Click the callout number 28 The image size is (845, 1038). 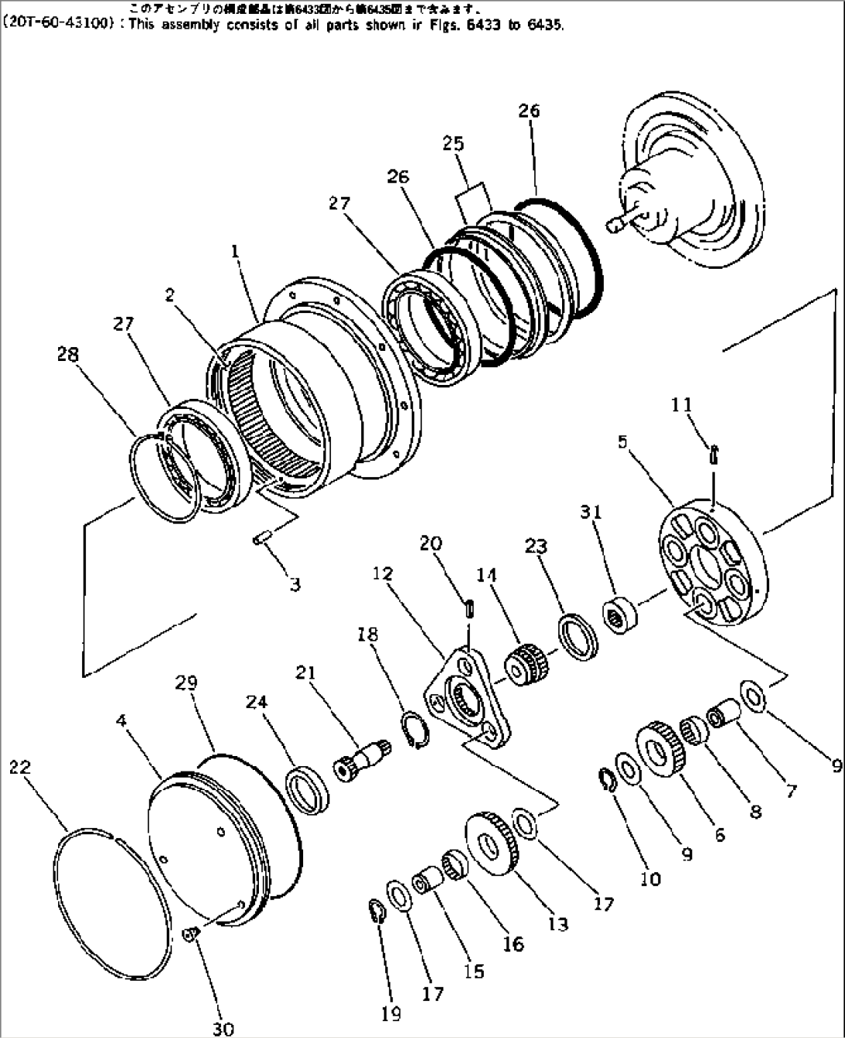tap(67, 355)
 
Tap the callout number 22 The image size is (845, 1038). tap(20, 767)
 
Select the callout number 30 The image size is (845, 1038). tap(223, 1029)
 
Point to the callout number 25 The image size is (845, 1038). tap(454, 143)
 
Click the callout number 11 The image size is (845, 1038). tap(682, 405)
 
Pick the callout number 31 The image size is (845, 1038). tap(591, 512)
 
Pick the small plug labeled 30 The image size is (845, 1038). tap(190, 935)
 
